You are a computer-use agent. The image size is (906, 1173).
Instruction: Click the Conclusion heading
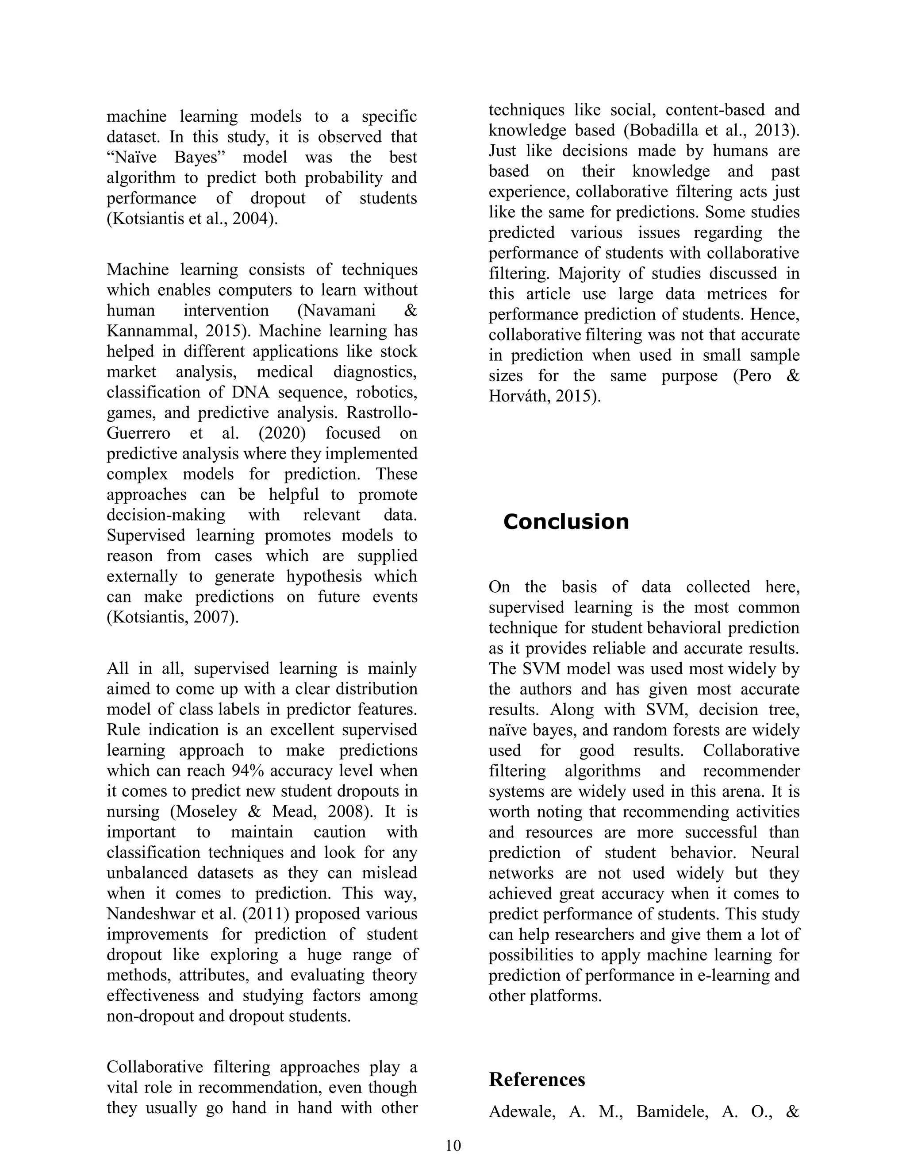pyautogui.click(x=566, y=522)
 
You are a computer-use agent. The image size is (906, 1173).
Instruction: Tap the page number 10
pyautogui.click(x=453, y=1146)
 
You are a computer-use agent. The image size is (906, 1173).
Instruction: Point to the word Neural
pyautogui.click(x=775, y=853)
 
